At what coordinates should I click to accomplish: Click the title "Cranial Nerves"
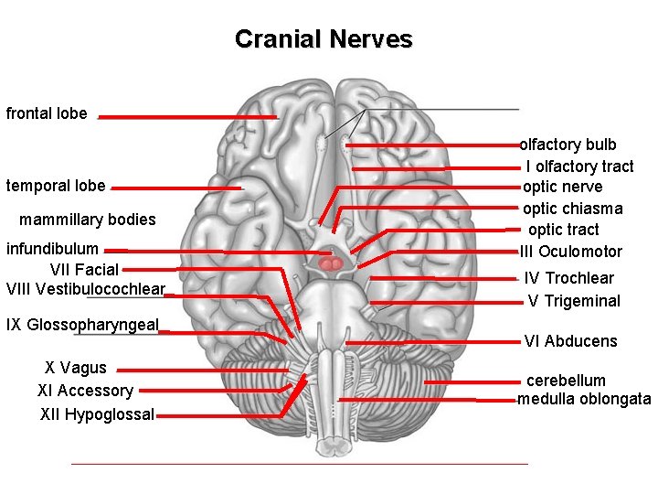[x=324, y=39]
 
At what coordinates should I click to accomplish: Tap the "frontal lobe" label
[x=47, y=114]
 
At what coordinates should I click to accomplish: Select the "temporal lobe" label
[x=56, y=187]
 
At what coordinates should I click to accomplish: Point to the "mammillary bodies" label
[x=88, y=220]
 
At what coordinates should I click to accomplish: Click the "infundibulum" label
[x=52, y=249]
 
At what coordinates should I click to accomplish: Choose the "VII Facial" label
[x=84, y=269]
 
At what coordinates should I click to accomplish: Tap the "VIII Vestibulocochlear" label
[x=85, y=289]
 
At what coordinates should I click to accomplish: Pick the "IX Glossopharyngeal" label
[x=82, y=325]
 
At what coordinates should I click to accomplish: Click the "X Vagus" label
[x=76, y=368]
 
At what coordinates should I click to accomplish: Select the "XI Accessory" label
[x=85, y=391]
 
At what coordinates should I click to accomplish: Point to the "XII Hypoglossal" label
[x=97, y=414]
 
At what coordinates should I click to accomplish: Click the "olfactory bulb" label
[x=568, y=145]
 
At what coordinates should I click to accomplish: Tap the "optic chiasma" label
[x=572, y=209]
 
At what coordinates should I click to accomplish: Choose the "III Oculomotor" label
[x=571, y=252]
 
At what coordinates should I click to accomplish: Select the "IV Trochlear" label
[x=568, y=278]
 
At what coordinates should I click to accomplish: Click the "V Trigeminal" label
[x=574, y=301]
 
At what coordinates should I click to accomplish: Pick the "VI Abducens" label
[x=570, y=341]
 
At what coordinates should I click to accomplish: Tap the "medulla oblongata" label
[x=584, y=399]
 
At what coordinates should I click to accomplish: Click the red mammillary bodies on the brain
[x=332, y=263]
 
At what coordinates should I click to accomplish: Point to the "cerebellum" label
[x=566, y=381]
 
